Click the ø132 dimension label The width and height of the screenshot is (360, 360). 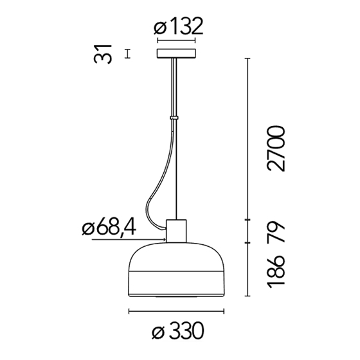(x=179, y=26)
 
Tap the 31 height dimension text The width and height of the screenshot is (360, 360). (x=103, y=54)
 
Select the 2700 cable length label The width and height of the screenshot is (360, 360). (x=276, y=148)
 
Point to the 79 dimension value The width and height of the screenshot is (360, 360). (x=276, y=231)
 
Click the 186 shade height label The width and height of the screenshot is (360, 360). (x=276, y=271)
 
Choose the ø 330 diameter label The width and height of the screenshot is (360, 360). (x=178, y=331)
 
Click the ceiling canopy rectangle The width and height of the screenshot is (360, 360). (x=176, y=53)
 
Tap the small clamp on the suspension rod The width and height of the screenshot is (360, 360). (x=174, y=118)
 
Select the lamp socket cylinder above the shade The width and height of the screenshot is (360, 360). (x=176, y=231)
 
